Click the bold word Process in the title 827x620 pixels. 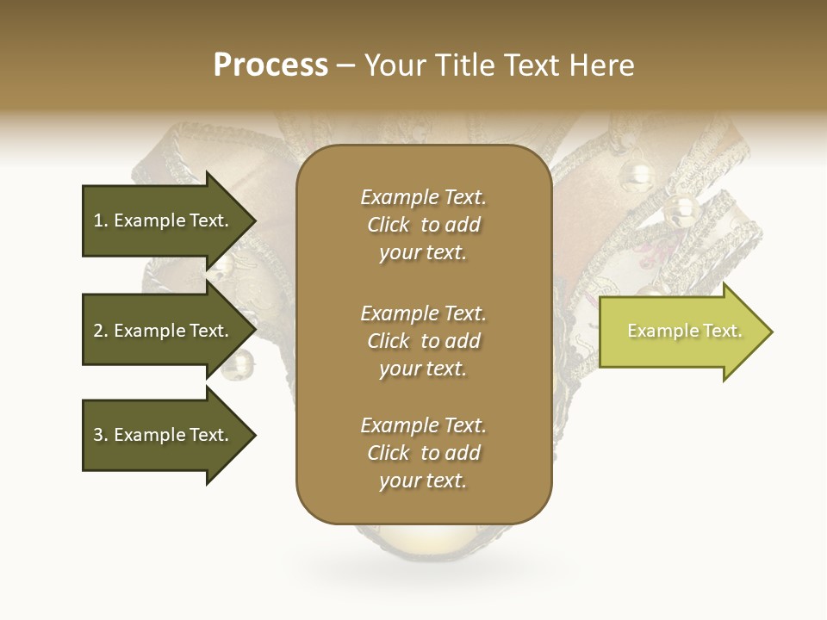(x=270, y=65)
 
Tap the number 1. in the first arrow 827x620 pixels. (x=101, y=220)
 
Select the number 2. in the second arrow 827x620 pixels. (x=101, y=331)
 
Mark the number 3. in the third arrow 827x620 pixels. (x=101, y=435)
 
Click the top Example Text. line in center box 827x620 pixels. (x=423, y=197)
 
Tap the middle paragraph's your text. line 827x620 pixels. (x=423, y=369)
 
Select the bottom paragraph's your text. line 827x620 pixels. (x=423, y=480)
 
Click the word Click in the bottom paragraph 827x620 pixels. (x=389, y=453)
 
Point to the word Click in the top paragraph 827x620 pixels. (x=389, y=225)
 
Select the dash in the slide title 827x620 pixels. (x=346, y=65)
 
